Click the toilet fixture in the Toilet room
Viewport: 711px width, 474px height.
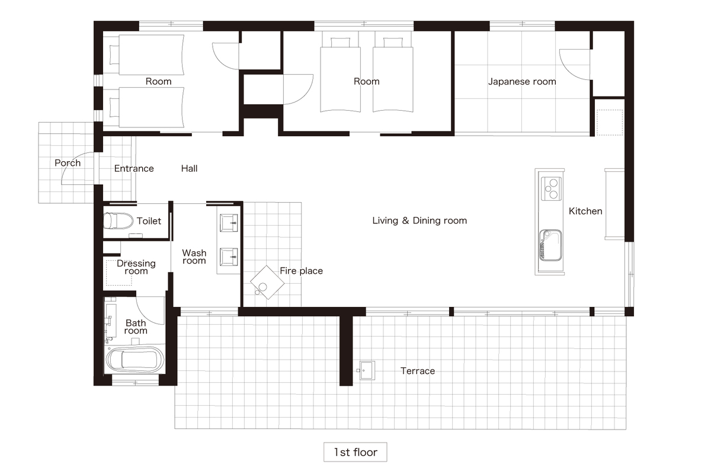point(118,220)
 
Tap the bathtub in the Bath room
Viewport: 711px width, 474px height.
point(135,360)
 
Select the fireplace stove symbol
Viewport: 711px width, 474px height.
point(267,282)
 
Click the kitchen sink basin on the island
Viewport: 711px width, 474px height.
point(550,245)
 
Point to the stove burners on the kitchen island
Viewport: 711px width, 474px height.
point(552,188)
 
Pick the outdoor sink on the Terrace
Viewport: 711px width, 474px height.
point(366,370)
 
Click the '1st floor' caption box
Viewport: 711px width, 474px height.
point(355,451)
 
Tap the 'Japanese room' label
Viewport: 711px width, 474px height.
point(522,82)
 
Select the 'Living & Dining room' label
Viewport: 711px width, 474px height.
point(419,220)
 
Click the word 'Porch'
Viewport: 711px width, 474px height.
point(68,163)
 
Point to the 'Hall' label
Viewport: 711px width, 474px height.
point(189,168)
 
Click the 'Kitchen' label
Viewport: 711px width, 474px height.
point(585,211)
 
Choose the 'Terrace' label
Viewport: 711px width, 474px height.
point(418,371)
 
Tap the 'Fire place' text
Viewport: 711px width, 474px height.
point(301,271)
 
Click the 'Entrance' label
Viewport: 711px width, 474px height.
point(134,168)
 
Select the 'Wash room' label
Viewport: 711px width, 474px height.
point(194,257)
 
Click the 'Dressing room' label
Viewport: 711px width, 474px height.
point(136,267)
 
